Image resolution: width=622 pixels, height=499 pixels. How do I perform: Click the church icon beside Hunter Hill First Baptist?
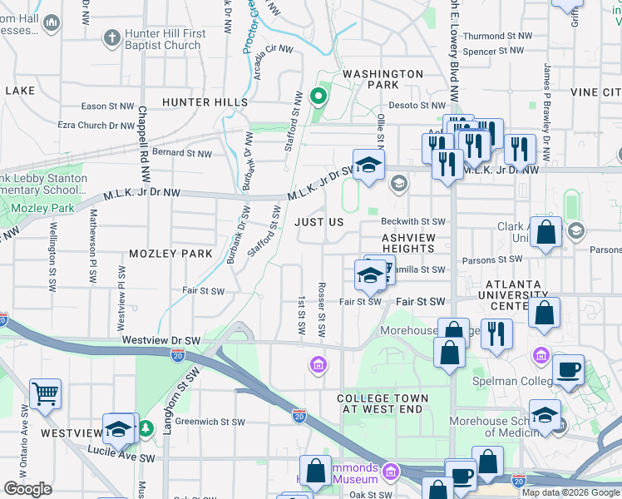(111, 38)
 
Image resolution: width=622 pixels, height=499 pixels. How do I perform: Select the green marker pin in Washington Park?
(317, 97)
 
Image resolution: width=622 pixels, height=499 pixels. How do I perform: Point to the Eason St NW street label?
(108, 106)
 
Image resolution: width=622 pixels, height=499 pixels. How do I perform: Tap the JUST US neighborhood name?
(318, 223)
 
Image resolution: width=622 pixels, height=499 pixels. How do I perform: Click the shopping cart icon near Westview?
(46, 393)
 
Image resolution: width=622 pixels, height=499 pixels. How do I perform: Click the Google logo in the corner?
(27, 489)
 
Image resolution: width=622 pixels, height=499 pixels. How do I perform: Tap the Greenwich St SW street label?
(210, 422)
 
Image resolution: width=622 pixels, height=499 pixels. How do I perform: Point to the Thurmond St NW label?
(496, 37)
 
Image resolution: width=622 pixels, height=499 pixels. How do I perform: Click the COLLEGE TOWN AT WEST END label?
(383, 404)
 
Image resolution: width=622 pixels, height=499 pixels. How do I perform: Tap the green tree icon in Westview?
(146, 428)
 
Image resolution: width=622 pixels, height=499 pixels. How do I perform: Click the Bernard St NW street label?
(181, 153)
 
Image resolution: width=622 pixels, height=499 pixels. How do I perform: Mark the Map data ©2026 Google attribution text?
(570, 492)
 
